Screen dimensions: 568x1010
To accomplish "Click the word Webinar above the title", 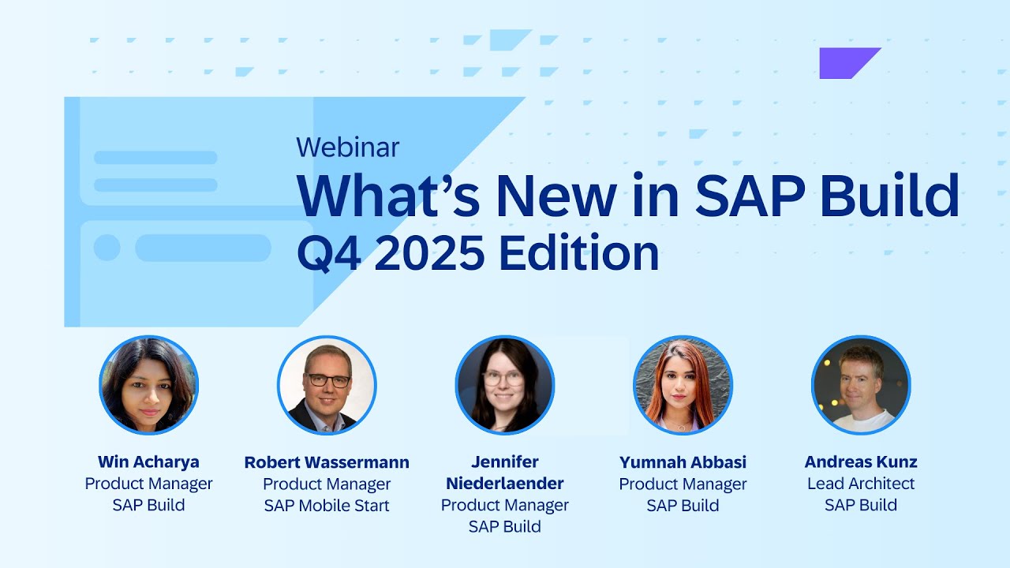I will pos(348,147).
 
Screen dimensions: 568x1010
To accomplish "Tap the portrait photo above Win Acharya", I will pos(148,385).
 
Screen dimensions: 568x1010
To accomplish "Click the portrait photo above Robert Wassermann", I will pos(327,385).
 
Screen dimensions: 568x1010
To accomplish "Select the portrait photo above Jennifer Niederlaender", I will pos(505,385).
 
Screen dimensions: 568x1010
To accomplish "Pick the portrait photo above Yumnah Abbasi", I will pos(683,385).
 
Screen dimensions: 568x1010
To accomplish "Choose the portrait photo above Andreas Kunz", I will pos(861,385).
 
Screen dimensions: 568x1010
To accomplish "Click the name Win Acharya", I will pos(148,462).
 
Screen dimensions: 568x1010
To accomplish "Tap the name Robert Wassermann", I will pos(327,462).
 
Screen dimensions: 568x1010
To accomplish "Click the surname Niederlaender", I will pos(505,483).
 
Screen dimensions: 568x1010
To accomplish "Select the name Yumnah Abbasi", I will pos(683,462).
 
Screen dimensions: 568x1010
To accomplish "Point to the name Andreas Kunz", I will pos(861,462).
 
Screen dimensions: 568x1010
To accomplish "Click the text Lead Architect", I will pos(861,484).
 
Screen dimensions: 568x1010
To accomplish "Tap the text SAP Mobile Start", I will pos(327,506).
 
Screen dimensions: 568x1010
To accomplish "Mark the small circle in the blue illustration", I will pos(107,248).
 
